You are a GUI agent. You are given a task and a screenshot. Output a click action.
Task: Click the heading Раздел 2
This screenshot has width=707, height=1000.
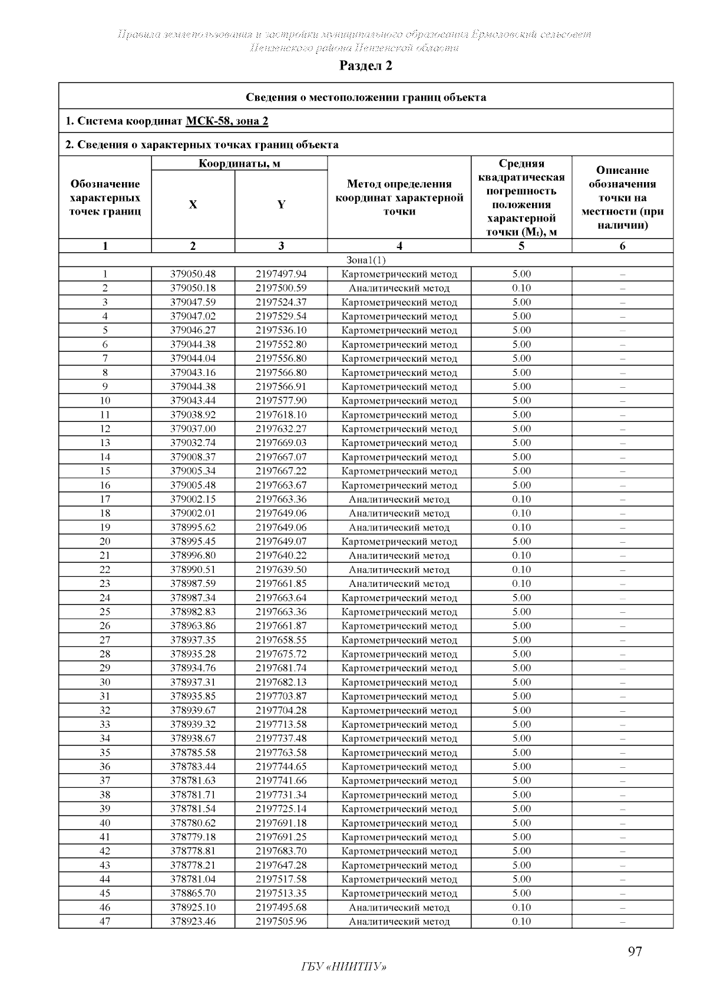point(365,66)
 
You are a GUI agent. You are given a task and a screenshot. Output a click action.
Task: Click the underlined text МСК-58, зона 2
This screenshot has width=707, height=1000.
point(227,121)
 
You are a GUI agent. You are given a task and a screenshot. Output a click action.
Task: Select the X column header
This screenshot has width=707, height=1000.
point(193,204)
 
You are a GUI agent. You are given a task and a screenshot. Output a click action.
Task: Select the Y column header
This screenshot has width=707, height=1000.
point(281,204)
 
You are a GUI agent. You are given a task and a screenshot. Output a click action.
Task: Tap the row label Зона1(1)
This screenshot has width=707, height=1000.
point(365,260)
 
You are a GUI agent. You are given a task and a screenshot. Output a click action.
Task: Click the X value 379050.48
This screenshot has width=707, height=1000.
point(193,274)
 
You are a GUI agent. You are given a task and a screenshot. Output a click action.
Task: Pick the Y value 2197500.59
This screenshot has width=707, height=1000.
point(281,288)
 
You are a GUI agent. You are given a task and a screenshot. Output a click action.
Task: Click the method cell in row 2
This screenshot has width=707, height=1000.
point(399,288)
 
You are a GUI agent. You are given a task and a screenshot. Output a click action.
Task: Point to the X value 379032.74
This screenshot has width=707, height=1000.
point(193,443)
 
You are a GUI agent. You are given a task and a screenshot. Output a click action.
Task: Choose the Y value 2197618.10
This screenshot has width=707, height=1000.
point(281,415)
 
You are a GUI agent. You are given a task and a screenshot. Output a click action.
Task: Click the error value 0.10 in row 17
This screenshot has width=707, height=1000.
point(521,499)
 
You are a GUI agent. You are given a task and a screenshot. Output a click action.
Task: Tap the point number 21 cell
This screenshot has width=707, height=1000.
point(105,556)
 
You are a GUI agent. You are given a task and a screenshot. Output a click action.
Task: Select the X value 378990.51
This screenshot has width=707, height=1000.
point(193,570)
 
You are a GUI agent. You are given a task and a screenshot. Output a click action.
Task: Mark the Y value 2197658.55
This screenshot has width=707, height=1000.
point(281,640)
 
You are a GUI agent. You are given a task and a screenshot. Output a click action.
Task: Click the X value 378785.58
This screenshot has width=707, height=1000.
point(193,753)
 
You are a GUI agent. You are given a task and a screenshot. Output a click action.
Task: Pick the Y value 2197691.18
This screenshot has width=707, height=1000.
point(281,823)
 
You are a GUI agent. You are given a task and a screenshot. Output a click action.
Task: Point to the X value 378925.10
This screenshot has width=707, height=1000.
point(193,907)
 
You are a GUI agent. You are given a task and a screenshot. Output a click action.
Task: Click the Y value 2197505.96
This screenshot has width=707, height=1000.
point(281,922)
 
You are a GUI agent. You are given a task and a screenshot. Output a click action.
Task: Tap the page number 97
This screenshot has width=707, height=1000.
point(635,952)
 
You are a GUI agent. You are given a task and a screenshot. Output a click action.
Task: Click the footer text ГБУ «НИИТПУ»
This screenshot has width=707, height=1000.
point(344,967)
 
